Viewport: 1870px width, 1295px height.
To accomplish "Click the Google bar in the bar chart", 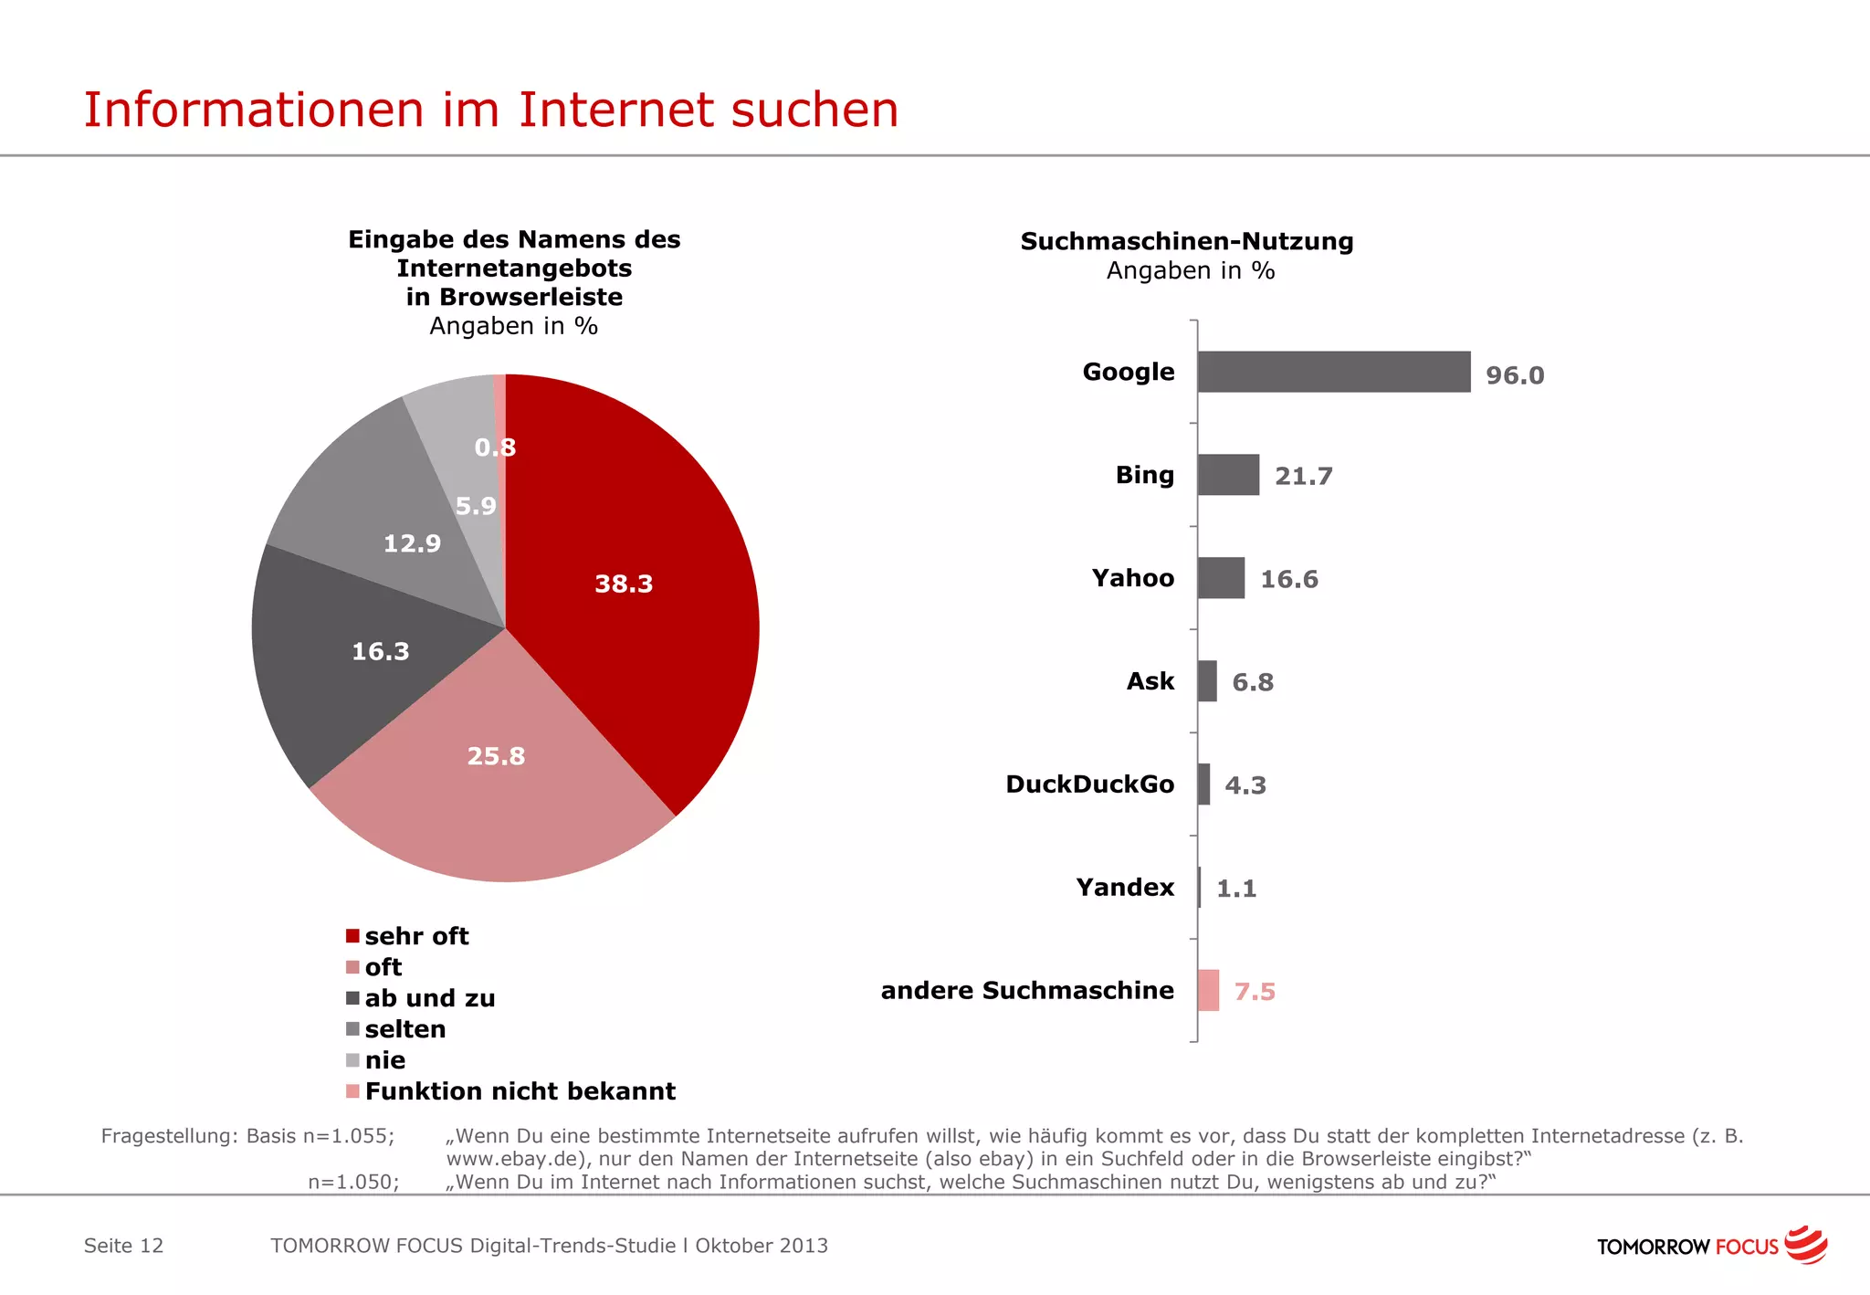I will pos(1333,372).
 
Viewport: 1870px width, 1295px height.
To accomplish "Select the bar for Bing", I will pos(1228,475).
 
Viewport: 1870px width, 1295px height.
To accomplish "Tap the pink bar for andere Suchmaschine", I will pos(1208,990).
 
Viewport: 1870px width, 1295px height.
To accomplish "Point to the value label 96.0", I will pos(1514,375).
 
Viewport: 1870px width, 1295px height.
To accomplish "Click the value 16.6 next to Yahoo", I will pos(1288,579).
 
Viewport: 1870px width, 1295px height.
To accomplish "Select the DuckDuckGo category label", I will pos(1089,784).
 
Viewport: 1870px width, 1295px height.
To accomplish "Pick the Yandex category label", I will pos(1124,888).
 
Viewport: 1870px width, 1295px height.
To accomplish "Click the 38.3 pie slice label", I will pos(624,584).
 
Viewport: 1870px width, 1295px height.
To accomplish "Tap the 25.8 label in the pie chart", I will pos(496,756).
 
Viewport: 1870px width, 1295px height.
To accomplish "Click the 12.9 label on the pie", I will pos(412,543).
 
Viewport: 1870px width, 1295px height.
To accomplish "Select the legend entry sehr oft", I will pos(415,936).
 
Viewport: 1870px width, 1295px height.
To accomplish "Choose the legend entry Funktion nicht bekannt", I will pos(519,1091).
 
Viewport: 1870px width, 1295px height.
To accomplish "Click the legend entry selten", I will pos(404,1029).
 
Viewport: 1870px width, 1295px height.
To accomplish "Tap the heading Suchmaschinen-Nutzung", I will pos(1186,241).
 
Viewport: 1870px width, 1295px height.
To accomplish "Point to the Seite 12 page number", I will pos(123,1246).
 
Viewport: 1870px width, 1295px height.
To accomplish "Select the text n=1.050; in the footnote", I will pos(352,1182).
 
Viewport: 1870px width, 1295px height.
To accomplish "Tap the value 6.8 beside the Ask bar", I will pos(1252,682).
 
